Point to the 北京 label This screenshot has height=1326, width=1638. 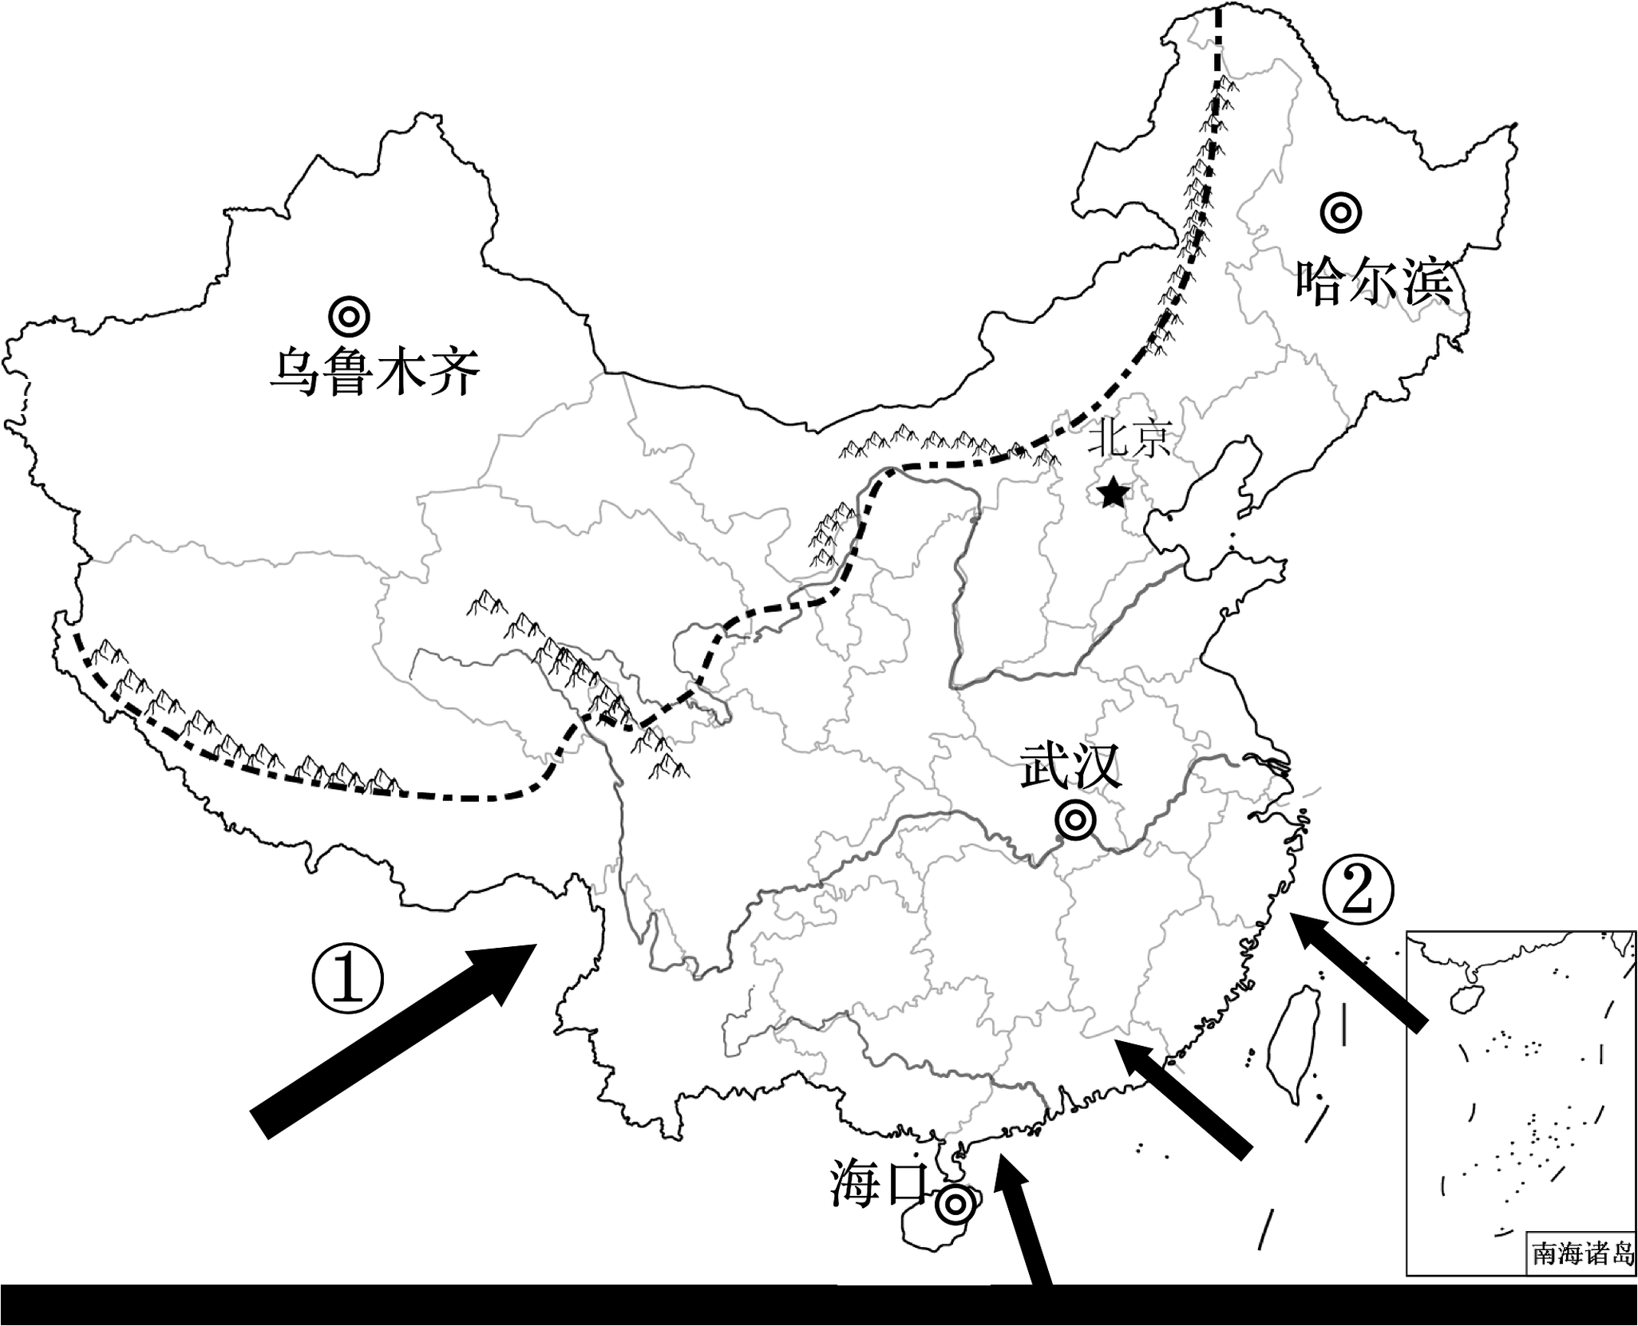[x=1133, y=438]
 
